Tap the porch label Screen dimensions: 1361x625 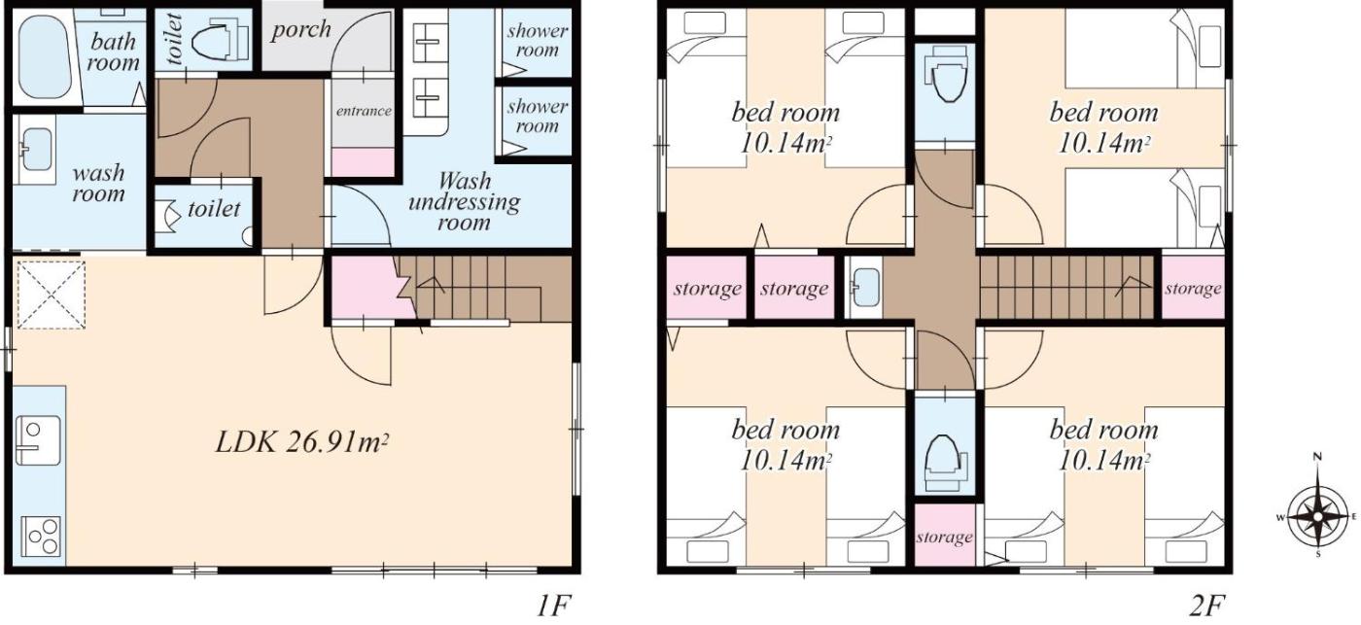(x=300, y=29)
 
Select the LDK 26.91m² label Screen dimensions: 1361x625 (x=302, y=443)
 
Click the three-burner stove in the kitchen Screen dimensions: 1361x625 (x=41, y=537)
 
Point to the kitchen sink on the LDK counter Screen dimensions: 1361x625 (x=38, y=440)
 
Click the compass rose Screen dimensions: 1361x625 (x=1317, y=516)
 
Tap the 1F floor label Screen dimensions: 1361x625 (x=553, y=606)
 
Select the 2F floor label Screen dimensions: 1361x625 (x=1206, y=606)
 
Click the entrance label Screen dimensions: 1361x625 (x=364, y=111)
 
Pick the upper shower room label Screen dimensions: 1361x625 (x=537, y=40)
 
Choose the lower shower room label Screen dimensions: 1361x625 (x=537, y=116)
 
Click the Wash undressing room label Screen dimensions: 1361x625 (x=465, y=201)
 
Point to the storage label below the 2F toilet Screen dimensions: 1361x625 (x=945, y=537)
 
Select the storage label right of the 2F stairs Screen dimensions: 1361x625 (x=1194, y=288)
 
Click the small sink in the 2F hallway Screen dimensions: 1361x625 (x=865, y=288)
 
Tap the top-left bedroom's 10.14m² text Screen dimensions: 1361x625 (x=785, y=144)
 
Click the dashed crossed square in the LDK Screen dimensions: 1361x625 (x=51, y=295)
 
